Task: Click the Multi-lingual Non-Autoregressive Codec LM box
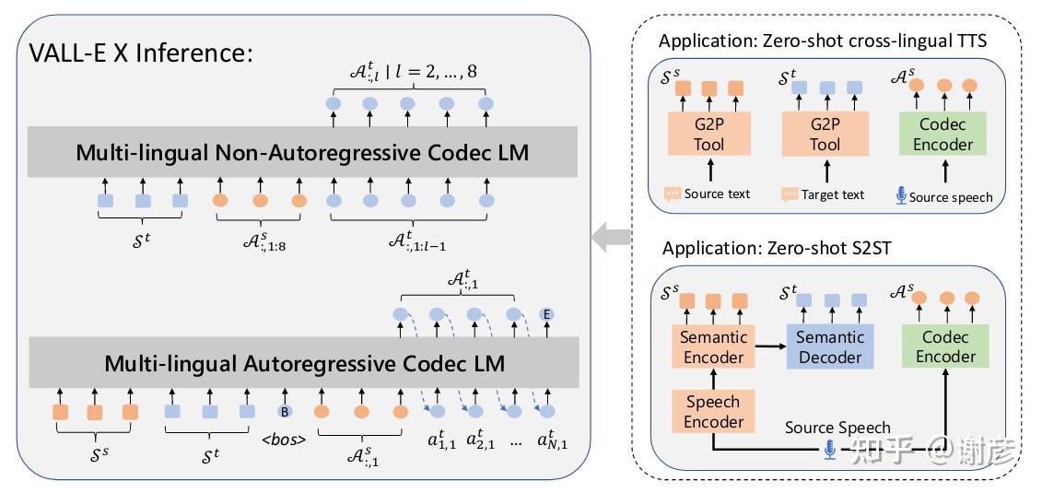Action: (x=302, y=152)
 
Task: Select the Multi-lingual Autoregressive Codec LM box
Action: (x=303, y=363)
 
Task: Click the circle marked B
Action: (x=285, y=412)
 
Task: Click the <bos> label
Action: (x=284, y=440)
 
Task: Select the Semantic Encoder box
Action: (x=714, y=346)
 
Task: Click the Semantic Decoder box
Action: (x=830, y=346)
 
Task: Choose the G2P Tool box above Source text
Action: (x=709, y=134)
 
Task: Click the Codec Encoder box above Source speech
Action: (x=943, y=134)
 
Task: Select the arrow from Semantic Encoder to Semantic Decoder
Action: (x=771, y=346)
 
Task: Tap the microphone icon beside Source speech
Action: (x=901, y=195)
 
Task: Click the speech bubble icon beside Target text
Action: (x=790, y=194)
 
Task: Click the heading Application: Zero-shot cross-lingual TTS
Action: (x=823, y=41)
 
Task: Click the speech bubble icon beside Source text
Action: (x=673, y=194)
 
